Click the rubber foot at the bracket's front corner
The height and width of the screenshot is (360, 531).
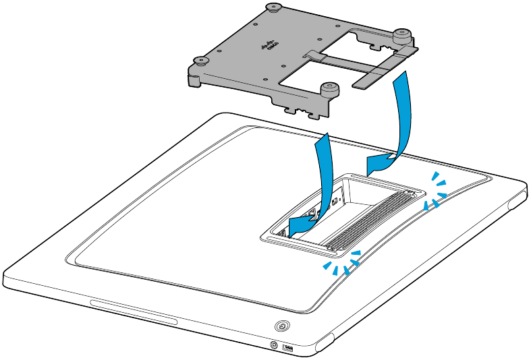coord(329,88)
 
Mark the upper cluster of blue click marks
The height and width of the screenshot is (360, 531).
coord(436,191)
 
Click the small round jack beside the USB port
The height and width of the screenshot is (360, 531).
coord(274,344)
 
